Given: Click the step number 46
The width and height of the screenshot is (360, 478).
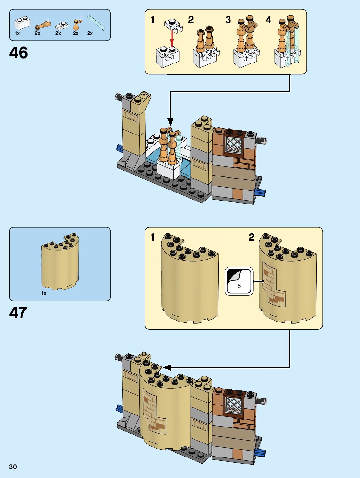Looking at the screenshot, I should [x=19, y=53].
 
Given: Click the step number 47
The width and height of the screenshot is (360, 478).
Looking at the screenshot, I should [x=18, y=313].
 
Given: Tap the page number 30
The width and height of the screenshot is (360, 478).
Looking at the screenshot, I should [x=13, y=467].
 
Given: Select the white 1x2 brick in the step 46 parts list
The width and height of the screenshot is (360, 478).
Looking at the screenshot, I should [x=21, y=23].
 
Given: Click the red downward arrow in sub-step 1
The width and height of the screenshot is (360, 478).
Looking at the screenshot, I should [x=172, y=38].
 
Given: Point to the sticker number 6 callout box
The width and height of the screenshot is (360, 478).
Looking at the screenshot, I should [x=239, y=281].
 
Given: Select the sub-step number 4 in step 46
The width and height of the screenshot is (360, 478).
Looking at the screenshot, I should [x=268, y=20].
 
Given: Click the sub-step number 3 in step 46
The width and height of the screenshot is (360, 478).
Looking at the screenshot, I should [x=228, y=20].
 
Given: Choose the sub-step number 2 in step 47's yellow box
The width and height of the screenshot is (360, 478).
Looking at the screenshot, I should [x=251, y=237].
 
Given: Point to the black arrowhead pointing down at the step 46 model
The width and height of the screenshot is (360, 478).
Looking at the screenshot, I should [x=170, y=121].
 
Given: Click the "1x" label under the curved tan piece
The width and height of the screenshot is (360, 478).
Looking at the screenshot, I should [x=44, y=293].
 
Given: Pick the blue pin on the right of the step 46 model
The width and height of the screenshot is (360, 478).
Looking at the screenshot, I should [x=260, y=192].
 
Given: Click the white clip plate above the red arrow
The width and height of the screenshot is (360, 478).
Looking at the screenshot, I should [x=173, y=24].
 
